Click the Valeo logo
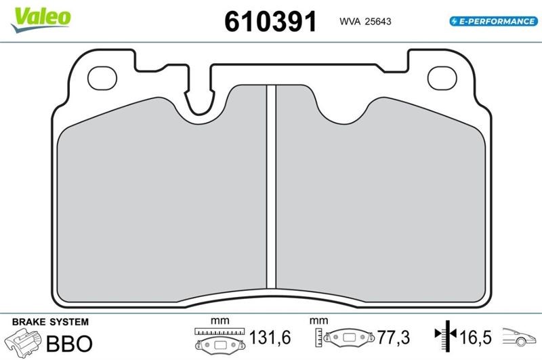tap(41, 20)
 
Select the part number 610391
tap(270, 22)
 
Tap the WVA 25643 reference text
tap(365, 22)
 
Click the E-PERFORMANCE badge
tap(494, 21)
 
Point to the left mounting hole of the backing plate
tap(102, 78)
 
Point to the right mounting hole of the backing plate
tap(442, 78)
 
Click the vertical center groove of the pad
tap(272, 186)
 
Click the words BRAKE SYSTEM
tap(50, 322)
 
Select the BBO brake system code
tap(69, 344)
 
